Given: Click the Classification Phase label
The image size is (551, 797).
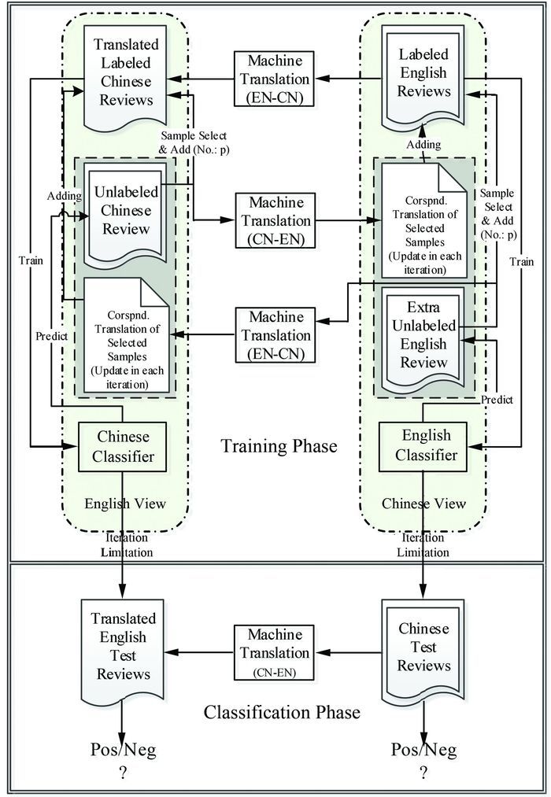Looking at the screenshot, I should click(282, 712).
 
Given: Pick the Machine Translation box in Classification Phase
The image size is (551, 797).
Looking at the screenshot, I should click(273, 653).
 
